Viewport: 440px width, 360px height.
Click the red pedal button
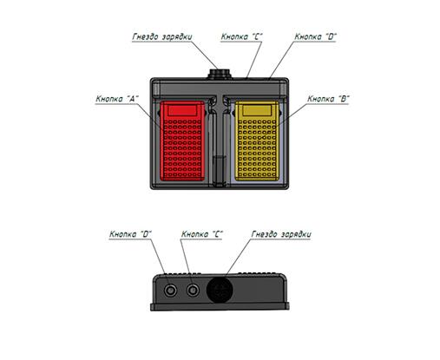[182, 141]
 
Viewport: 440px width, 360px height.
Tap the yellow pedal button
[257, 141]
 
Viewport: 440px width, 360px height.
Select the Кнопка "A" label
[117, 99]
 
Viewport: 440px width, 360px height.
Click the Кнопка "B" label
[328, 99]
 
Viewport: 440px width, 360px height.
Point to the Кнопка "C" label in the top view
[241, 36]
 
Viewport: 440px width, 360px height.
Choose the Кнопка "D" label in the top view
[315, 36]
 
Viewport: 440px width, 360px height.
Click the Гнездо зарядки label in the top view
[162, 37]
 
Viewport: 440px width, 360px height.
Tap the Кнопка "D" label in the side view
[130, 234]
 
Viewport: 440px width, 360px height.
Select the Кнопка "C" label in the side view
[202, 234]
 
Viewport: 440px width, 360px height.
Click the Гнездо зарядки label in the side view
[281, 234]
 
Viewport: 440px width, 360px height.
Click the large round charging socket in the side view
[220, 290]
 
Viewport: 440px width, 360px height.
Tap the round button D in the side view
[170, 290]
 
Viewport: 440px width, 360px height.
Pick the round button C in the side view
[193, 290]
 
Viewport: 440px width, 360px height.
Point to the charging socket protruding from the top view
[220, 74]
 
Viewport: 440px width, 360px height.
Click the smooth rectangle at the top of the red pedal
[182, 110]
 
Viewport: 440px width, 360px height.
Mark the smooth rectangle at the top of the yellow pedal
[257, 110]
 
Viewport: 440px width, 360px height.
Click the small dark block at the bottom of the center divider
[220, 170]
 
